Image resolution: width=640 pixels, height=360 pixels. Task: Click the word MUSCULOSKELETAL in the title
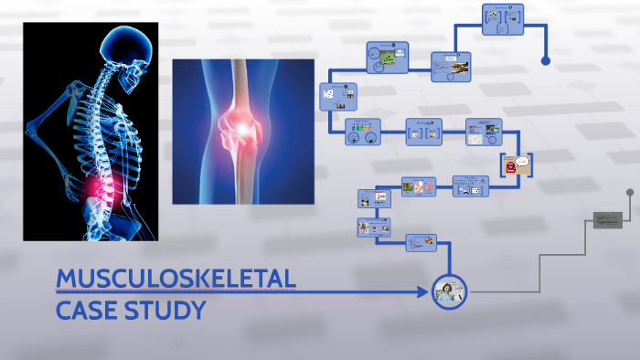176,279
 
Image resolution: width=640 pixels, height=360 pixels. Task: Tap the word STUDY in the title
172,311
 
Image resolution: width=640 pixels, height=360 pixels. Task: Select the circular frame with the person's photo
449,292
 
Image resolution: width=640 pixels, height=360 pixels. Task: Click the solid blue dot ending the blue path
546,61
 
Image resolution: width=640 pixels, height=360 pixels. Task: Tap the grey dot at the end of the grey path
629,193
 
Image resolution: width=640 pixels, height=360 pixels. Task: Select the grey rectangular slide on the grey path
607,219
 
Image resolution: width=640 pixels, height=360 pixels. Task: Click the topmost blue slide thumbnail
503,19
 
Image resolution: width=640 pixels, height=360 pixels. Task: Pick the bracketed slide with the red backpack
517,164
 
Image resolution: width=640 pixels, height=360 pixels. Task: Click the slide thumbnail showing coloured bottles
362,132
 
